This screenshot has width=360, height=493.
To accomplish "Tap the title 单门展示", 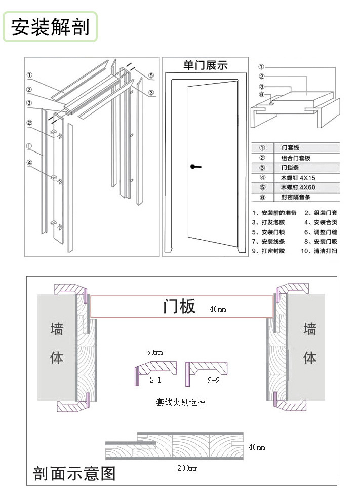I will click(x=205, y=65).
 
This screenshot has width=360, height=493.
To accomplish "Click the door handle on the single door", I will click(x=194, y=166).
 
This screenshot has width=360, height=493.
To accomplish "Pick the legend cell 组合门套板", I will click(x=296, y=158).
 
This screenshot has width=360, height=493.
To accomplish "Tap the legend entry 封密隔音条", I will click(x=296, y=197).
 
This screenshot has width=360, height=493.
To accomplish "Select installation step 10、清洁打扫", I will click(x=318, y=251).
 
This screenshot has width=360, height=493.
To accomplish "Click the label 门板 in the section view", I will click(x=179, y=307).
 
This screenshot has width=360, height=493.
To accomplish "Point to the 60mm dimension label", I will click(x=154, y=352).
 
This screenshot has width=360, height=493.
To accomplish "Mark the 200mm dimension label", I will click(x=187, y=468).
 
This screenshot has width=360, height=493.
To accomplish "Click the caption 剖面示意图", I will click(x=74, y=473).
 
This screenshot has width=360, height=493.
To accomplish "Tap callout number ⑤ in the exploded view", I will click(x=151, y=75).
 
